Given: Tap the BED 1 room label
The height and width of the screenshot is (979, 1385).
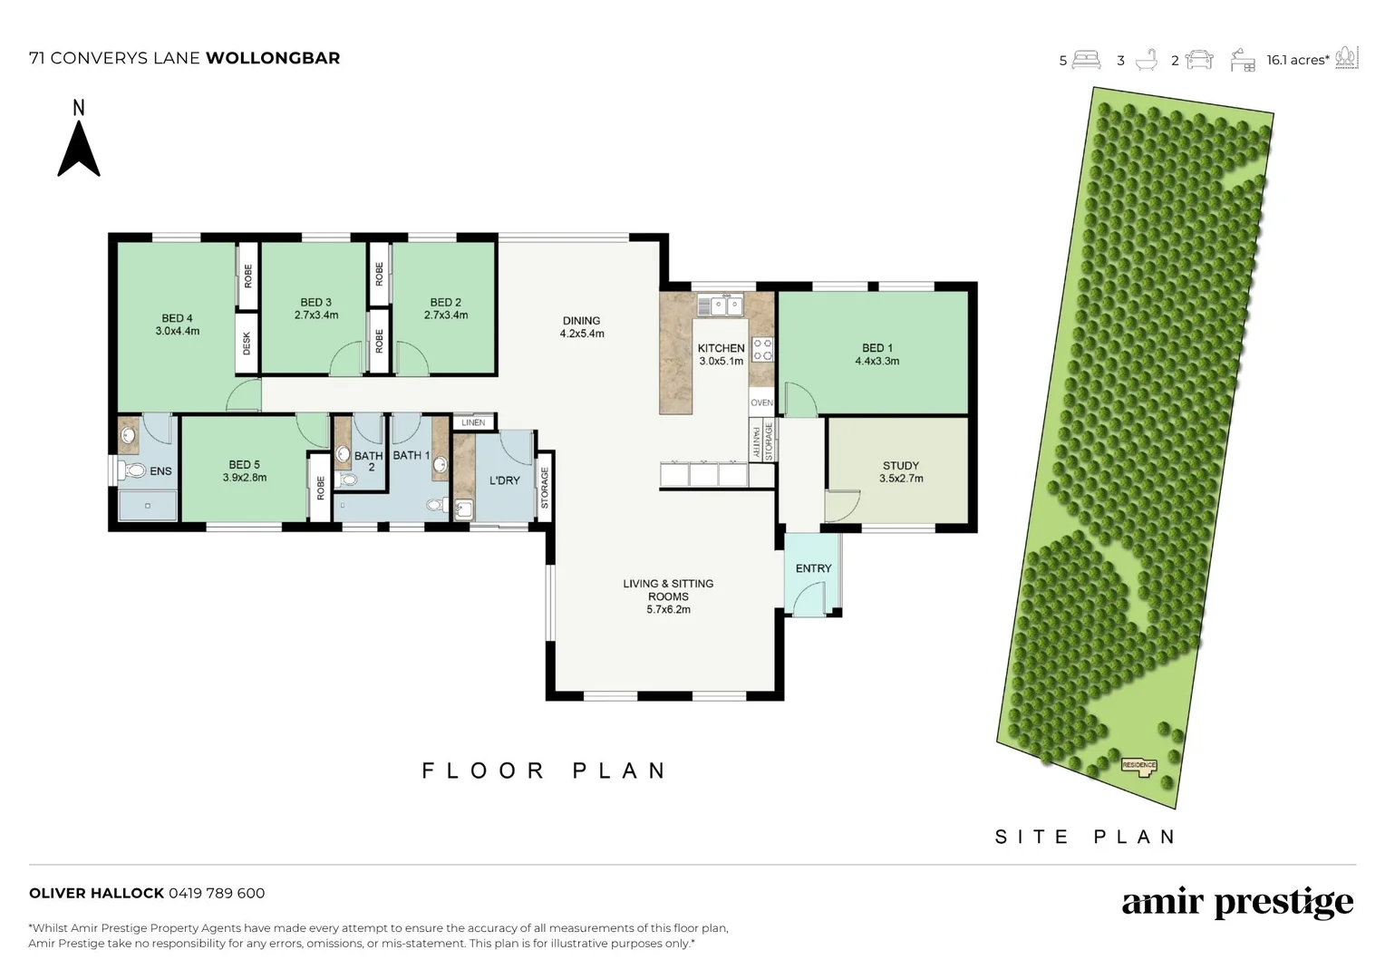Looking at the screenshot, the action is (877, 347).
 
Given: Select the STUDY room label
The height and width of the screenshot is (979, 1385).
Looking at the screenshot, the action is (901, 465).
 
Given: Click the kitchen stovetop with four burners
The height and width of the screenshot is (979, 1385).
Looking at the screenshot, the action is (762, 349).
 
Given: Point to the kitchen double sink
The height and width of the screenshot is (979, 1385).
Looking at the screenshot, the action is (721, 305).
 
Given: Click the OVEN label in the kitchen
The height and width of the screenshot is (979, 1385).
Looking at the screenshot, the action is (761, 402).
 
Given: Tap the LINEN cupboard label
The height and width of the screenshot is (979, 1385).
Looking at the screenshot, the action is (473, 422).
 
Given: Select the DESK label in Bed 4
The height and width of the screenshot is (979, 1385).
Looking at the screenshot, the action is (247, 344).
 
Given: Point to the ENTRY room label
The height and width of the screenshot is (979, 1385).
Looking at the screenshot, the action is (813, 568).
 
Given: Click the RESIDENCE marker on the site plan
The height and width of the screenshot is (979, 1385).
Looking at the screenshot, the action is (1139, 766).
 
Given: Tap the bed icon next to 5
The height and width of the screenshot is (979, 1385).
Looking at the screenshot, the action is (1087, 60).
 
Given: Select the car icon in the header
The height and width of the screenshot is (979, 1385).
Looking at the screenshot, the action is (1199, 60).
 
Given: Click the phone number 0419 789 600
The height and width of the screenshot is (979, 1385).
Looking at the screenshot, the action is (217, 893).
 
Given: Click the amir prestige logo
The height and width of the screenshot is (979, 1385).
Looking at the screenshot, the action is (1237, 903).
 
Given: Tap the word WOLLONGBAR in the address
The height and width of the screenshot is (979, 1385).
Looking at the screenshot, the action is (273, 58).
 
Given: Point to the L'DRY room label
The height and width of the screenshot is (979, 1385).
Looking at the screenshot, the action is (505, 480).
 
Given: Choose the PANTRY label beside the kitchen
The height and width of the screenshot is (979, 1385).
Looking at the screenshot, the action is (756, 441).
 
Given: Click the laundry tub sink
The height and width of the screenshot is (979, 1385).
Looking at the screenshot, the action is (463, 509).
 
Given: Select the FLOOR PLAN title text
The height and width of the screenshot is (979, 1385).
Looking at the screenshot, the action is (545, 771).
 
